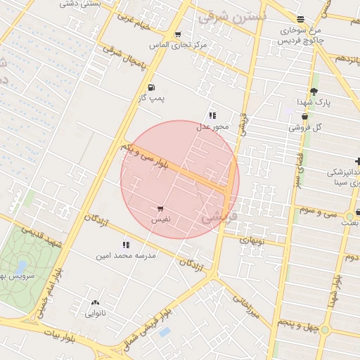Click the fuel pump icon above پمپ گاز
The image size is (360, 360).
pyautogui.click(x=151, y=87)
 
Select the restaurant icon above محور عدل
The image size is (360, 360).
pyautogui.click(x=212, y=115)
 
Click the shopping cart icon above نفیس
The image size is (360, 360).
pyautogui.click(x=161, y=209)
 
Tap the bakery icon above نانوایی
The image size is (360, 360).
pyautogui.click(x=94, y=302)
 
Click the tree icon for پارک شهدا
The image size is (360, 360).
pyautogui.click(x=314, y=91)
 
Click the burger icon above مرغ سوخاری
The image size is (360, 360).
pyautogui.click(x=301, y=19)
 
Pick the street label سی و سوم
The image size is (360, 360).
pyautogui.click(x=319, y=210)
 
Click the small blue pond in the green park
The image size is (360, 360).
pyautogui.click(x=22, y=266)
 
